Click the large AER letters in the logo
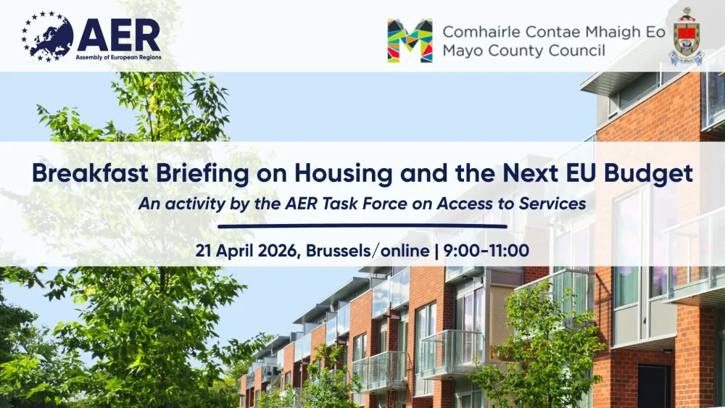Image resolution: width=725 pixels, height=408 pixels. (x=119, y=36)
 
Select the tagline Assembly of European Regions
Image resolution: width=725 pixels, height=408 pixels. (x=118, y=57)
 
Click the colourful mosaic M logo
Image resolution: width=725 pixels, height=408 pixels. (x=410, y=41)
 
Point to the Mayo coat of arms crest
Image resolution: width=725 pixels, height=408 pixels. (x=687, y=36)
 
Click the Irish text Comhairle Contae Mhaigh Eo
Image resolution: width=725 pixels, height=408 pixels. (x=554, y=32)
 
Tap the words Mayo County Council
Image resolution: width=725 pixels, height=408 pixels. (x=524, y=50)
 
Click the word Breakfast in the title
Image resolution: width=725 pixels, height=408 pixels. (x=90, y=173)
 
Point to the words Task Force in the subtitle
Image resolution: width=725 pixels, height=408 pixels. (x=365, y=204)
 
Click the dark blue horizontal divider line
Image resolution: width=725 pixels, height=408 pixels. (x=362, y=226)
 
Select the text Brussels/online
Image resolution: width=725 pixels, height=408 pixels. (x=368, y=251)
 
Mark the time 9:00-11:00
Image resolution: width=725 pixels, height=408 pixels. (x=486, y=251)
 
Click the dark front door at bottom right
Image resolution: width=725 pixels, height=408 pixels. (x=654, y=386)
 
